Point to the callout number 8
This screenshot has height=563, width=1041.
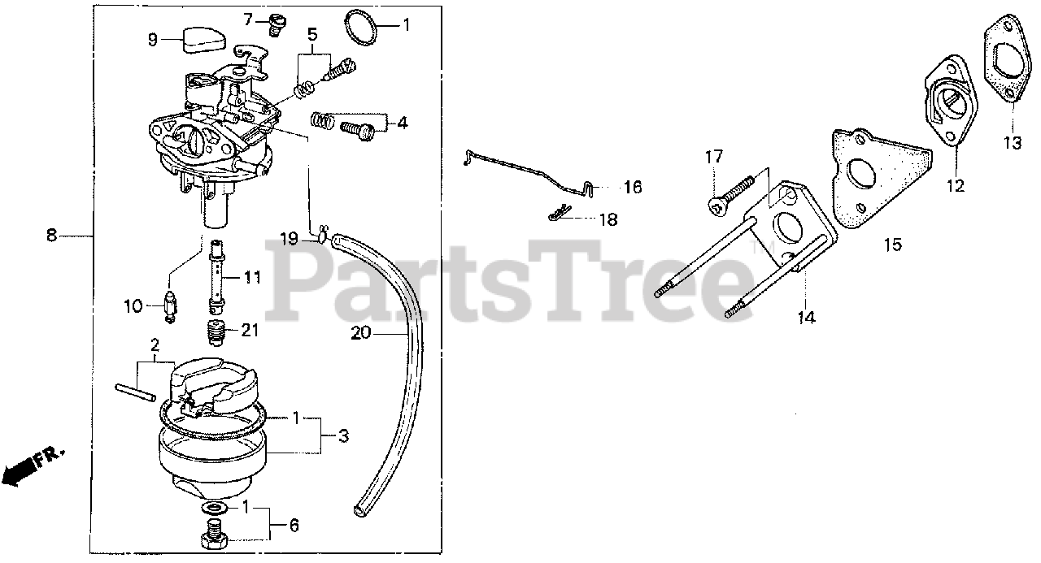click(52, 236)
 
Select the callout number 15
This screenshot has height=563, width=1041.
click(893, 244)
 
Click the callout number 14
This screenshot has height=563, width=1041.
click(805, 318)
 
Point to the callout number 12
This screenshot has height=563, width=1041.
click(955, 186)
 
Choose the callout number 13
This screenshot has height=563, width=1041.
click(1011, 144)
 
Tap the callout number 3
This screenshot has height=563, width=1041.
click(343, 436)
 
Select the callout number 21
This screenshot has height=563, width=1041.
click(249, 329)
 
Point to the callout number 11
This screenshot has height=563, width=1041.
click(252, 277)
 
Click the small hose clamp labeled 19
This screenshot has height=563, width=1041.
click(322, 236)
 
